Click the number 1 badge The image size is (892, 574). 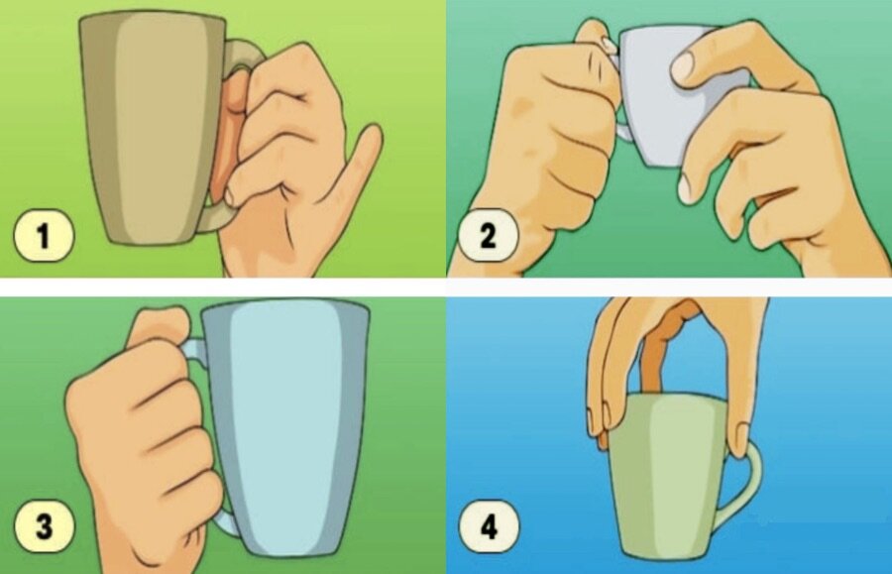pyautogui.click(x=44, y=236)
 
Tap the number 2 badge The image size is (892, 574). pyautogui.click(x=488, y=235)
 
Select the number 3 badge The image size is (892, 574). pyautogui.click(x=44, y=526)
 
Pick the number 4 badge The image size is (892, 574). pyautogui.click(x=489, y=526)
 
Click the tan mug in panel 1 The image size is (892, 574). pyautogui.click(x=154, y=128)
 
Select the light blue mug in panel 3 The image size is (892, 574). pyautogui.click(x=284, y=426)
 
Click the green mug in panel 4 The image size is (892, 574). pyautogui.click(x=671, y=478)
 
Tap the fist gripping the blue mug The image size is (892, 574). pyautogui.click(x=142, y=438)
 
